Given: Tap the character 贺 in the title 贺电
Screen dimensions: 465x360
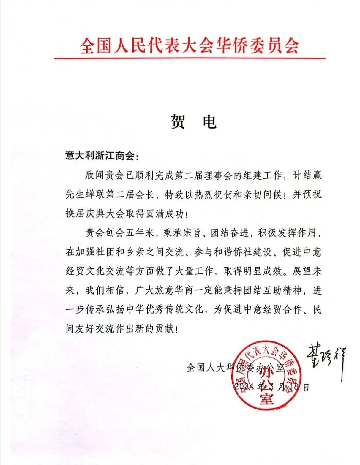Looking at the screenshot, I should [179, 121].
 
